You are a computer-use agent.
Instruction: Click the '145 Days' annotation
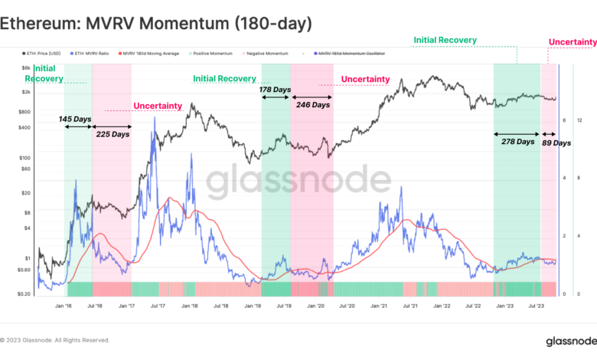[77, 120]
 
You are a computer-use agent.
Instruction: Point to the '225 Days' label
[113, 134]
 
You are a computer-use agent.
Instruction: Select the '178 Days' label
[275, 90]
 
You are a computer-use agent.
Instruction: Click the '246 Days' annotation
[312, 105]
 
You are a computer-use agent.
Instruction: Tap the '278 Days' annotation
[517, 141]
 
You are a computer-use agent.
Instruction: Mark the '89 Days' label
[556, 142]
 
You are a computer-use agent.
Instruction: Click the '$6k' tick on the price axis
[27, 68]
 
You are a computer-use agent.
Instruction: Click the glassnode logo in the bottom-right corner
[566, 341]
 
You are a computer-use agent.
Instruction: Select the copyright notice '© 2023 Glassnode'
[54, 340]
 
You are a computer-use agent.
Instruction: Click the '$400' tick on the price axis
[24, 127]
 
